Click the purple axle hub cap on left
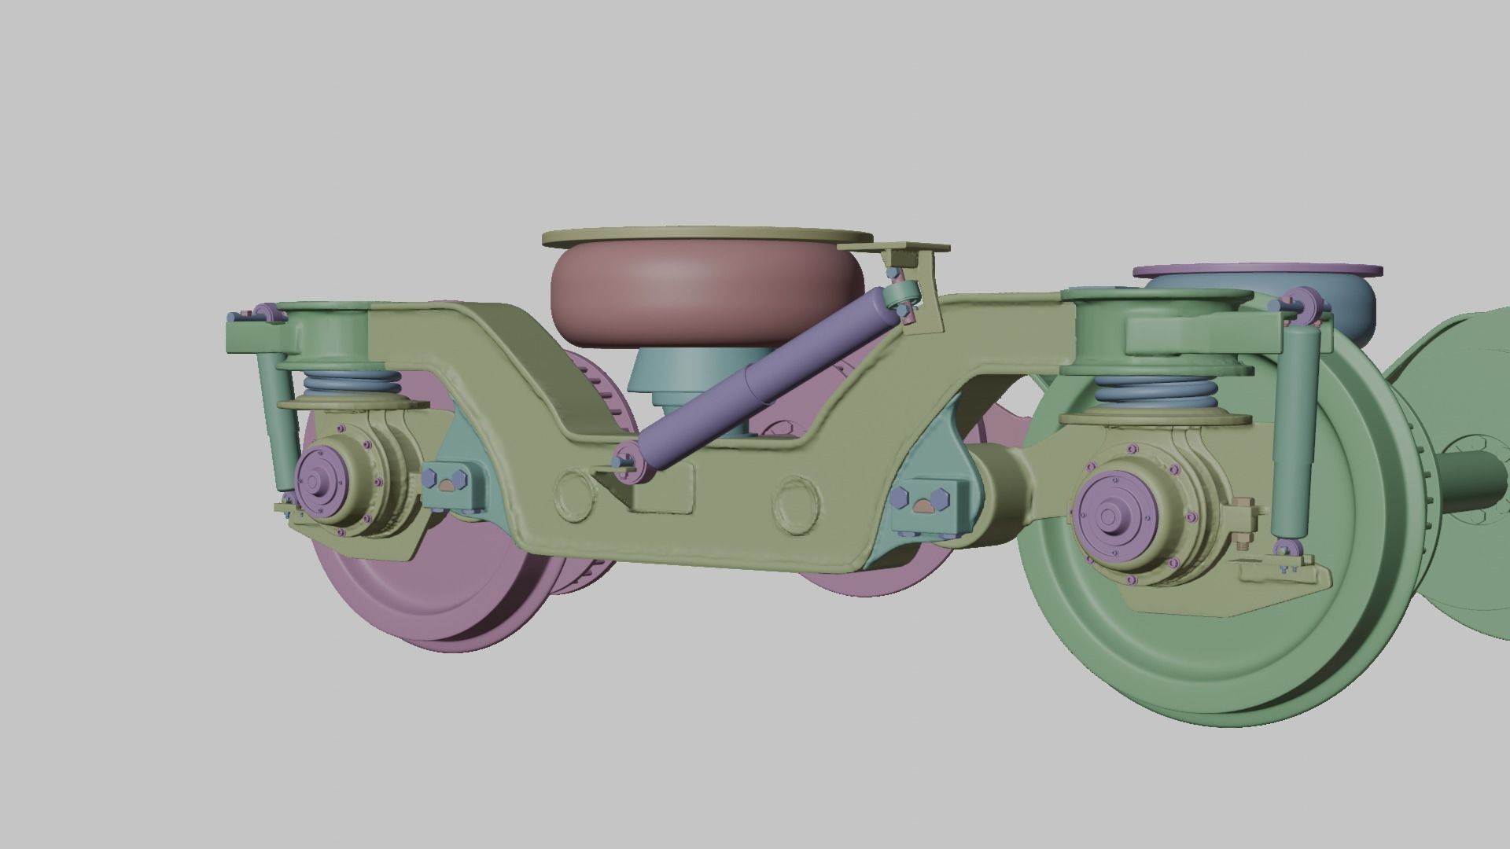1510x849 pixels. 315,481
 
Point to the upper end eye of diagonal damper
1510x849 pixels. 900,296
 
